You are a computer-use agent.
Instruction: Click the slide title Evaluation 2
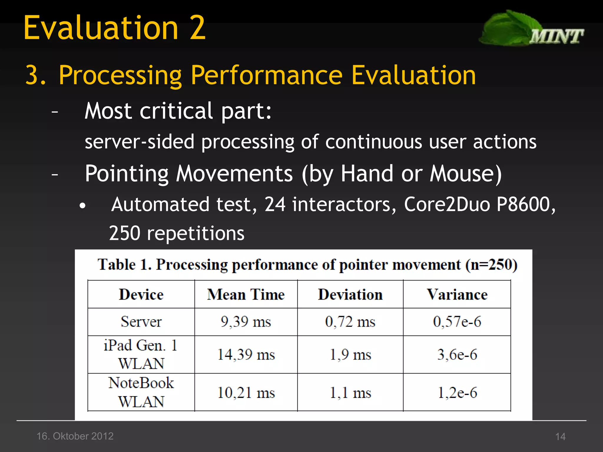click(114, 28)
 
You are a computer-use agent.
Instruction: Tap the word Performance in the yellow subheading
click(266, 75)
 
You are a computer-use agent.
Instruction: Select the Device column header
click(141, 295)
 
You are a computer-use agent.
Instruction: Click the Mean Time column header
click(246, 295)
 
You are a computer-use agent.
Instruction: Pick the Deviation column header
click(350, 295)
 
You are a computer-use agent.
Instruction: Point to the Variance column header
click(457, 295)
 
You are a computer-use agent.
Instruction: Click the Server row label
click(141, 322)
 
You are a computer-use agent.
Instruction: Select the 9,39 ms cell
click(246, 322)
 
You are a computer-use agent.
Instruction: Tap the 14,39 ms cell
click(246, 355)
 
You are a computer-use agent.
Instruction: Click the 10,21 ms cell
click(246, 393)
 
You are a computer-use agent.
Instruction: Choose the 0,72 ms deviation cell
click(350, 322)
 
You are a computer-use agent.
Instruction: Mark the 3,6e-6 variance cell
click(457, 355)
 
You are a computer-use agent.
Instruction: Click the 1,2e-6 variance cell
click(457, 393)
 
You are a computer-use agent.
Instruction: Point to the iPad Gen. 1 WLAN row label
click(141, 354)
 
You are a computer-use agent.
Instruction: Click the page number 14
click(560, 436)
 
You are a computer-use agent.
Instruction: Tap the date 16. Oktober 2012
click(75, 436)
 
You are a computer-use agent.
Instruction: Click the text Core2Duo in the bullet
click(447, 204)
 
